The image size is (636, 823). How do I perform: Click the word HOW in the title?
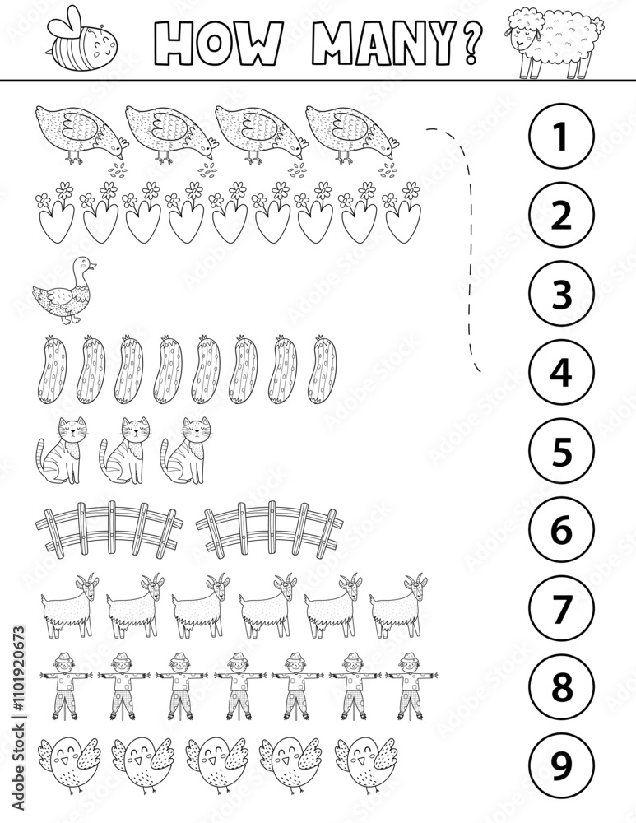click(x=207, y=41)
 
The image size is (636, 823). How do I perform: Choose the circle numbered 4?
click(x=560, y=373)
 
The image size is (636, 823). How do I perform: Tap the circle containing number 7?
click(x=560, y=609)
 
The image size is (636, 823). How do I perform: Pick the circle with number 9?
click(x=560, y=766)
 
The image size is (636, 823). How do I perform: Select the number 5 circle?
click(x=560, y=452)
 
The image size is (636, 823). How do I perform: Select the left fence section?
click(x=110, y=528)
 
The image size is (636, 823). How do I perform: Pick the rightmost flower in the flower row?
click(x=403, y=216)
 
